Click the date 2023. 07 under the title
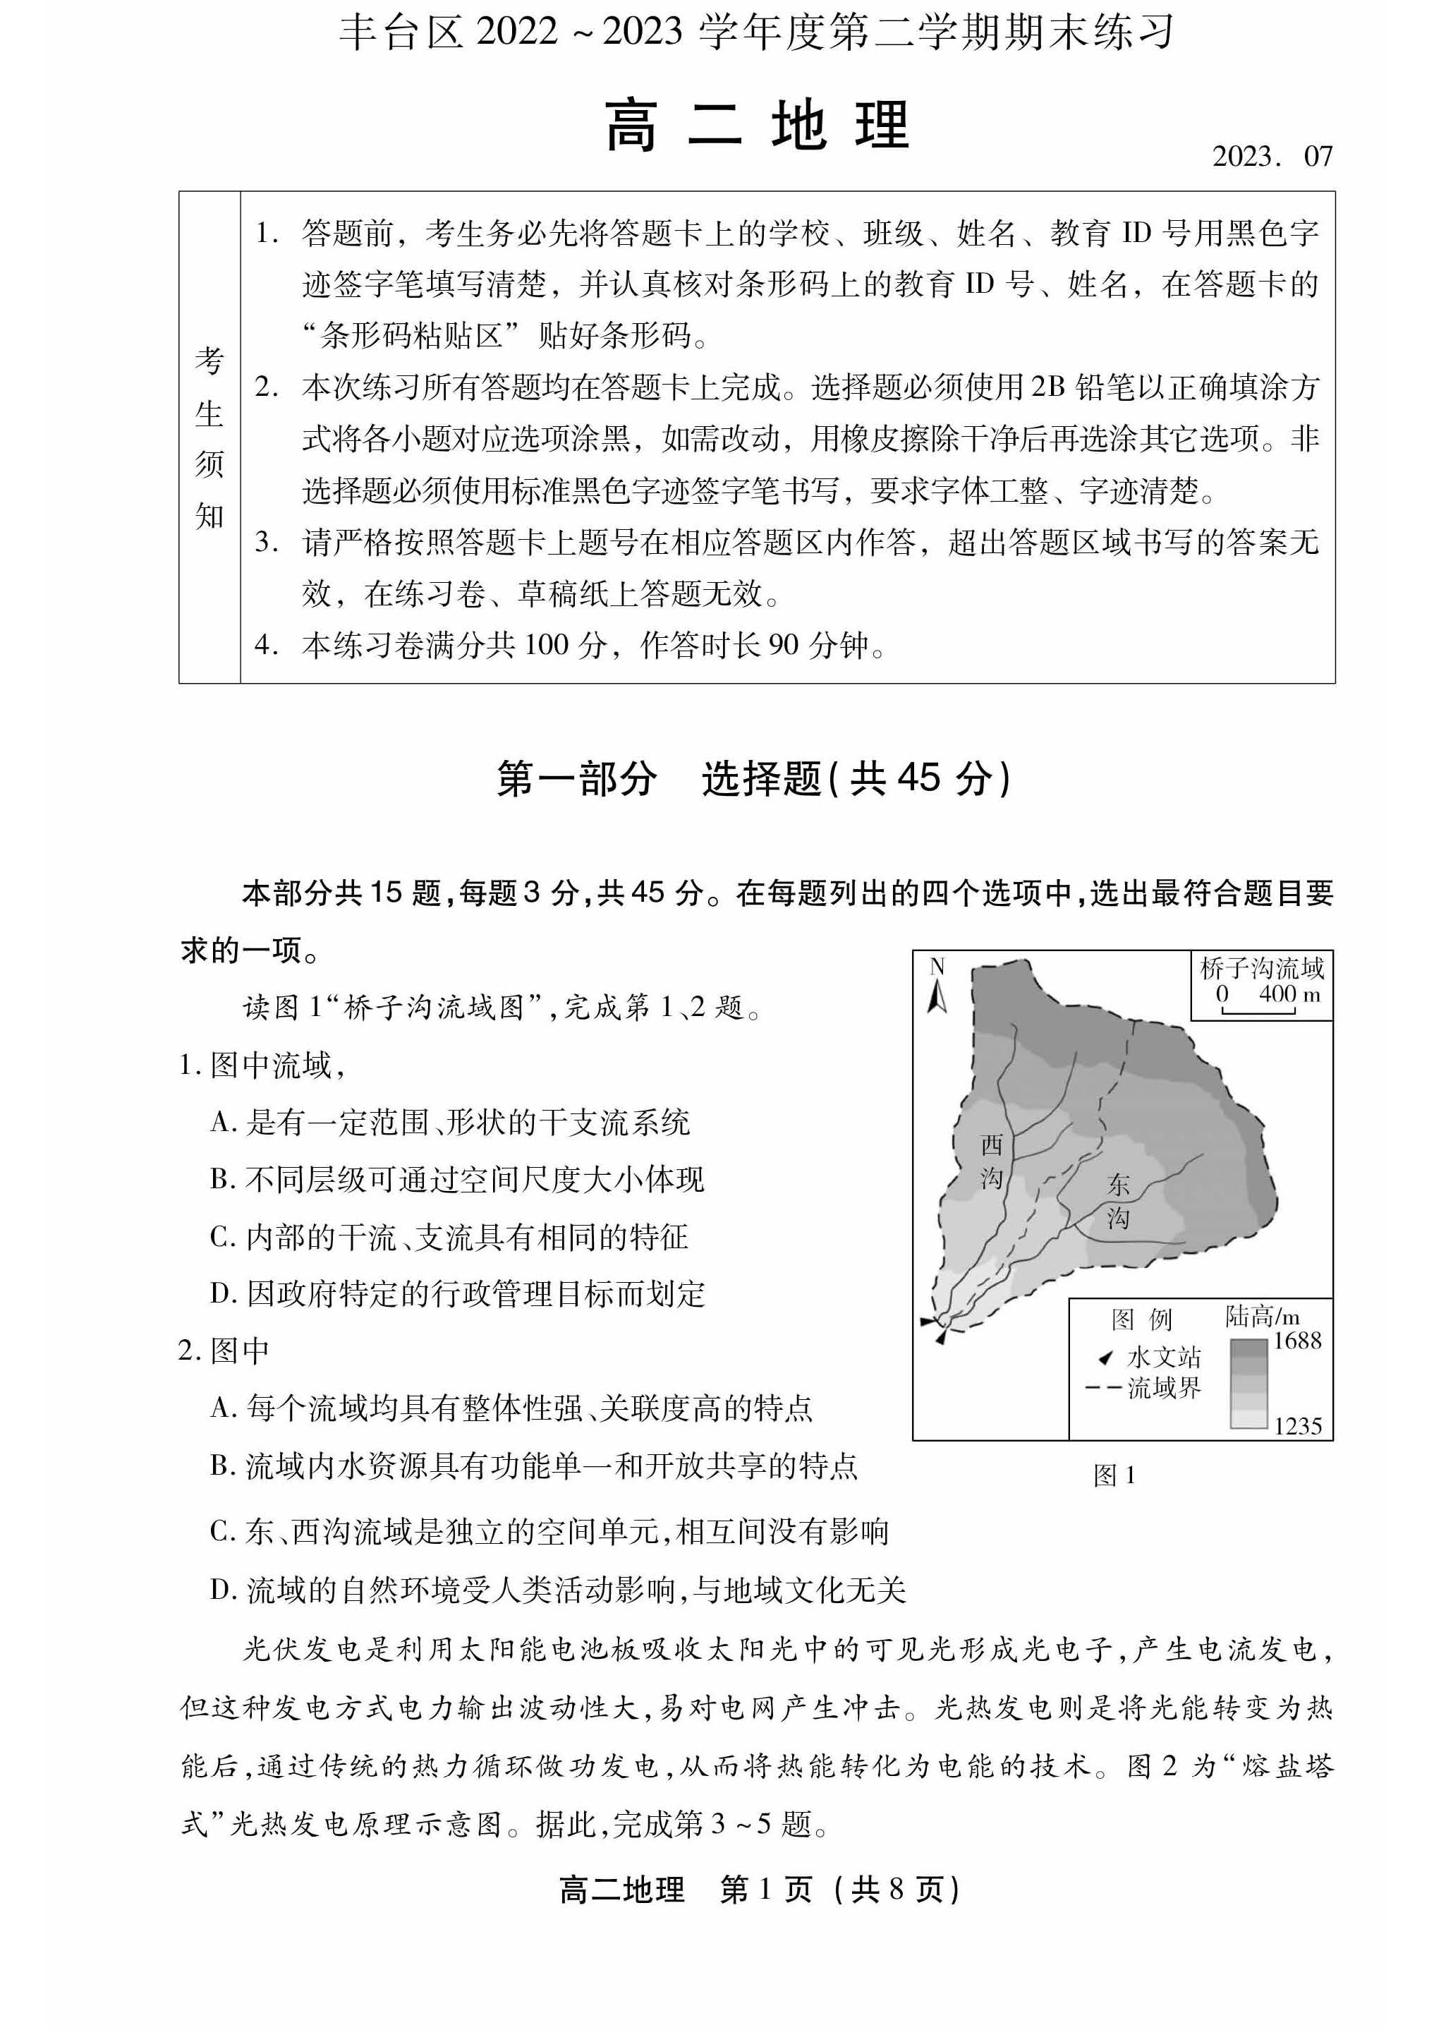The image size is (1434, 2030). pos(1271,157)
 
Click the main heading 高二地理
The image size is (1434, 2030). pos(757,126)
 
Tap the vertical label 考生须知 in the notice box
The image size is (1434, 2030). pos(209,437)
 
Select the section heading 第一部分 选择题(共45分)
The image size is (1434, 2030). pos(753,779)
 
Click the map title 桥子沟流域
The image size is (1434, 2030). pos(1262,968)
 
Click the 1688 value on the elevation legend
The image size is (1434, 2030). pos(1297,1341)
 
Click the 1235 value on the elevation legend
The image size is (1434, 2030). pos(1297,1426)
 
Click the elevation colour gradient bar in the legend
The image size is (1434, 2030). pos(1248,1384)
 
